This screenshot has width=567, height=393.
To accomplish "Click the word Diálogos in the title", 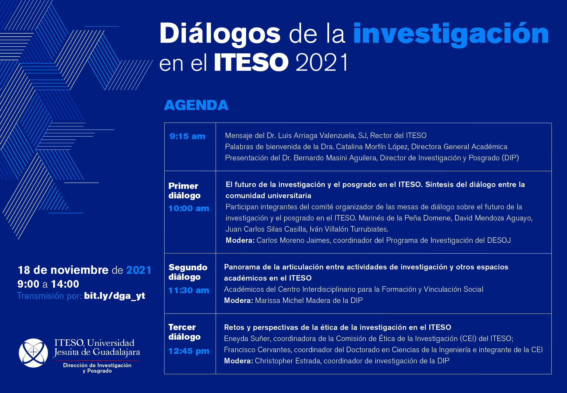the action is coord(220,34).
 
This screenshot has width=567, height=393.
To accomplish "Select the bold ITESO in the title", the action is coord(251,62).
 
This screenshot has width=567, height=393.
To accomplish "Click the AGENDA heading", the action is coord(196,105).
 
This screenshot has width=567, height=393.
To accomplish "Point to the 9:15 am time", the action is coord(187,136).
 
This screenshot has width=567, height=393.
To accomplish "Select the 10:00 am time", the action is coord(189,208).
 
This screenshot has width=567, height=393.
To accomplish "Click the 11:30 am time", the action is coord(189,290).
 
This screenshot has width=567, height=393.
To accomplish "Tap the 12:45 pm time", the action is coord(189,351).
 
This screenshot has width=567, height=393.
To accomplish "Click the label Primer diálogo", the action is coord(184,191).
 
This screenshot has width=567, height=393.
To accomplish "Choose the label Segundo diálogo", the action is coord(188,272).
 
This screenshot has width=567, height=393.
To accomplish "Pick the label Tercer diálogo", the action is coord(184,332).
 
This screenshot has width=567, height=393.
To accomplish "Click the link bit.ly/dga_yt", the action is coord(115,296).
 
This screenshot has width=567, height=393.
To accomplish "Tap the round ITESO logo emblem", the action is coord(33,353).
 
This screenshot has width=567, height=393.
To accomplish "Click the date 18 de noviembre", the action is coord(63,270).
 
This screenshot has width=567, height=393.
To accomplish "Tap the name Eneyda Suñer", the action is coord(247,339).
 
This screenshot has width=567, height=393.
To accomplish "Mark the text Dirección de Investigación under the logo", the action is coord(97,365).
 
